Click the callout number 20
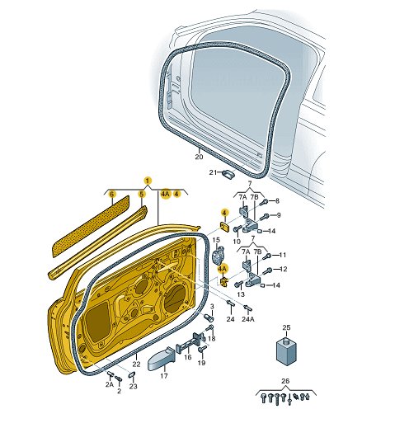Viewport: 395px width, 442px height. tap(199, 157)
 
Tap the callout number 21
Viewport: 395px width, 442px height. tap(213, 172)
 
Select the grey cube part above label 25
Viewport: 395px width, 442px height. tap(286, 351)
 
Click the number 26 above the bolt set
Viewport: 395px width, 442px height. tap(285, 381)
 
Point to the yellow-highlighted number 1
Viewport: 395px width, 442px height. tap(148, 181)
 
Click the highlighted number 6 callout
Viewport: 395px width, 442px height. tap(112, 195)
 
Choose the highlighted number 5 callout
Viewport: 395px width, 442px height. tap(142, 194)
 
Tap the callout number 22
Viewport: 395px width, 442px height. tap(136, 364)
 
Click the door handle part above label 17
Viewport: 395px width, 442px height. tap(162, 358)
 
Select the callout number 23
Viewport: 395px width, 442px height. tap(133, 386)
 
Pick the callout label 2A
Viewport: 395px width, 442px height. tap(110, 384)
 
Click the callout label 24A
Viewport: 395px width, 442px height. tap(248, 319)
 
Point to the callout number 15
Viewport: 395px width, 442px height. tap(216, 240)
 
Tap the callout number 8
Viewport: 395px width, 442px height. tap(277, 201)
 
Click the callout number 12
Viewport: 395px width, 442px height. tap(284, 269)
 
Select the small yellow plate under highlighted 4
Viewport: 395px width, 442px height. tap(224, 226)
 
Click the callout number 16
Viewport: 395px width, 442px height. tap(188, 357)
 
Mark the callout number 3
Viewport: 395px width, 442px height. tap(212, 307)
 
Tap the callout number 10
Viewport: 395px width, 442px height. tap(237, 242)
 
